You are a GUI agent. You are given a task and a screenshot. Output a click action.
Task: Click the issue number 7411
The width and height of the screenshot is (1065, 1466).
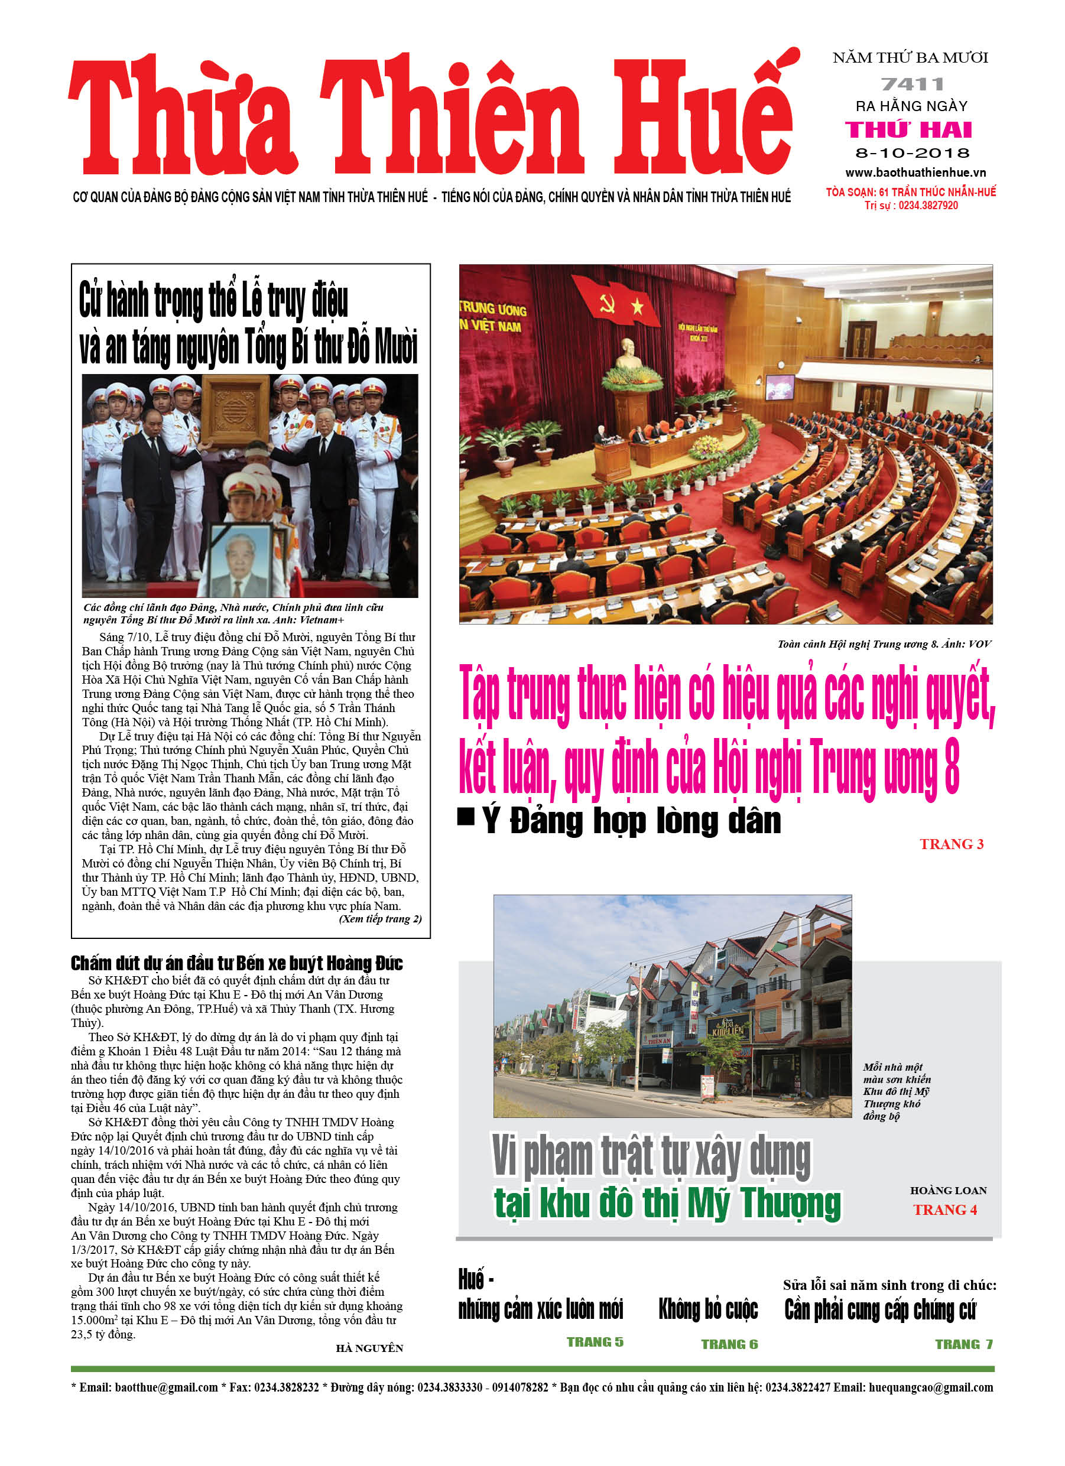tap(912, 84)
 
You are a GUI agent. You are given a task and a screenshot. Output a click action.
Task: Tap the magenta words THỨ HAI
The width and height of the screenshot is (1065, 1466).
tap(908, 130)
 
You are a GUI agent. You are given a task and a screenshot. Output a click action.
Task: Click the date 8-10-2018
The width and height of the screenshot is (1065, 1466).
tap(912, 153)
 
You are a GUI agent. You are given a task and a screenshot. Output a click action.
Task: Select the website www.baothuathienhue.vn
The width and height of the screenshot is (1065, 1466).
tap(915, 173)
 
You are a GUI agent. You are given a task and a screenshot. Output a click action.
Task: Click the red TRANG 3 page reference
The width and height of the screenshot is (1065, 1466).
tap(951, 844)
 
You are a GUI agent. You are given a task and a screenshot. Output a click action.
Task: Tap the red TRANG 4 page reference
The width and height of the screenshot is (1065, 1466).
tap(944, 1210)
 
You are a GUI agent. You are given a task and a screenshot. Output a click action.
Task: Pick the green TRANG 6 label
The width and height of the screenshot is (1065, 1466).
tap(729, 1344)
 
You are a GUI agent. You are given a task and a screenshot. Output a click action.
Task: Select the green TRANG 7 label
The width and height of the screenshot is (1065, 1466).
tap(963, 1344)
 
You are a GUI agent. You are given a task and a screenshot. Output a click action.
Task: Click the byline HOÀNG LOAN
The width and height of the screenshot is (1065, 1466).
tap(948, 1191)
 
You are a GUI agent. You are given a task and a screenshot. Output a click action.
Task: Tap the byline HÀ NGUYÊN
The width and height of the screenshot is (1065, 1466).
tap(369, 1348)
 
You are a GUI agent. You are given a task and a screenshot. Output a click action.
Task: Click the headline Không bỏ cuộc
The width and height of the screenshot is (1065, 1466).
tap(708, 1309)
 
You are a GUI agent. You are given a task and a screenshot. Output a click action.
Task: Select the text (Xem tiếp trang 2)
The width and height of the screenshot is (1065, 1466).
tap(380, 918)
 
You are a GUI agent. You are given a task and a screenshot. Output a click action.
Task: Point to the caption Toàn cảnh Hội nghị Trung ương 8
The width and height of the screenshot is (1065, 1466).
tap(884, 644)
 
